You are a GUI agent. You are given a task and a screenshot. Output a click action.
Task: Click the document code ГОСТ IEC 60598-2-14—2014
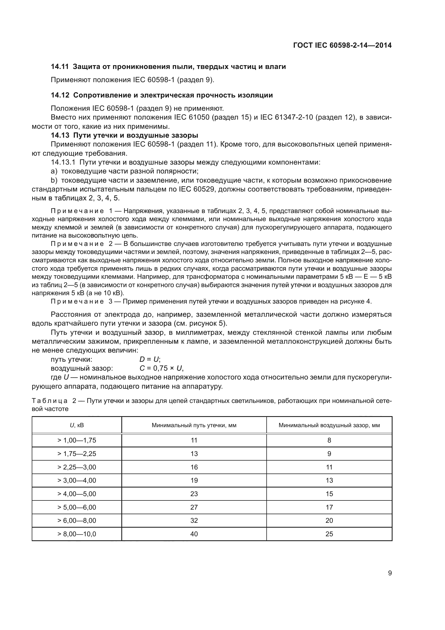tap(342, 45)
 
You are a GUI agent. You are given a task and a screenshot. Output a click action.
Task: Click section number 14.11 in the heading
tap(60, 67)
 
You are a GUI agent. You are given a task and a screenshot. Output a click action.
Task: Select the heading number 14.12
tap(60, 95)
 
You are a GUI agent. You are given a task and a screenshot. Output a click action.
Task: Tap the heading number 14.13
tap(60, 135)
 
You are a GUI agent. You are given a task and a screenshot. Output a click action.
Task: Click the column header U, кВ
tap(77, 425)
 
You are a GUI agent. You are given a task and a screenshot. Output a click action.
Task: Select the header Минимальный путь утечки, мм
tap(194, 425)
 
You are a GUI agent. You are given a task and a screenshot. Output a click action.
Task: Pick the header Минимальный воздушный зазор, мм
tap(329, 425)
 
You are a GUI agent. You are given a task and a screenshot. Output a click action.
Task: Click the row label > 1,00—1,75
tap(77, 440)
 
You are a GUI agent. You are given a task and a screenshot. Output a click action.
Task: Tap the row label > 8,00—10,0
tap(77, 534)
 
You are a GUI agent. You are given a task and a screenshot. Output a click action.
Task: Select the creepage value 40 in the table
tap(194, 534)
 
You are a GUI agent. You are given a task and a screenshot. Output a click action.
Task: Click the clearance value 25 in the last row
tap(329, 534)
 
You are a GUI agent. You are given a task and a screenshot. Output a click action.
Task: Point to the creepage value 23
tap(194, 494)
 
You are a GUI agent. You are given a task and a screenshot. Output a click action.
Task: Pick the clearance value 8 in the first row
tap(329, 440)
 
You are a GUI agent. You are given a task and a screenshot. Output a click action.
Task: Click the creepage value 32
tap(194, 521)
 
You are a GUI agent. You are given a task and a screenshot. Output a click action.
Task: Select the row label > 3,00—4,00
tap(77, 481)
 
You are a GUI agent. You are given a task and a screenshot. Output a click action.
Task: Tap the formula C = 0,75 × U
tap(161, 368)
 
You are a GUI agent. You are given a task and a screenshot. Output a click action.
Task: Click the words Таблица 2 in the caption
tap(54, 401)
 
